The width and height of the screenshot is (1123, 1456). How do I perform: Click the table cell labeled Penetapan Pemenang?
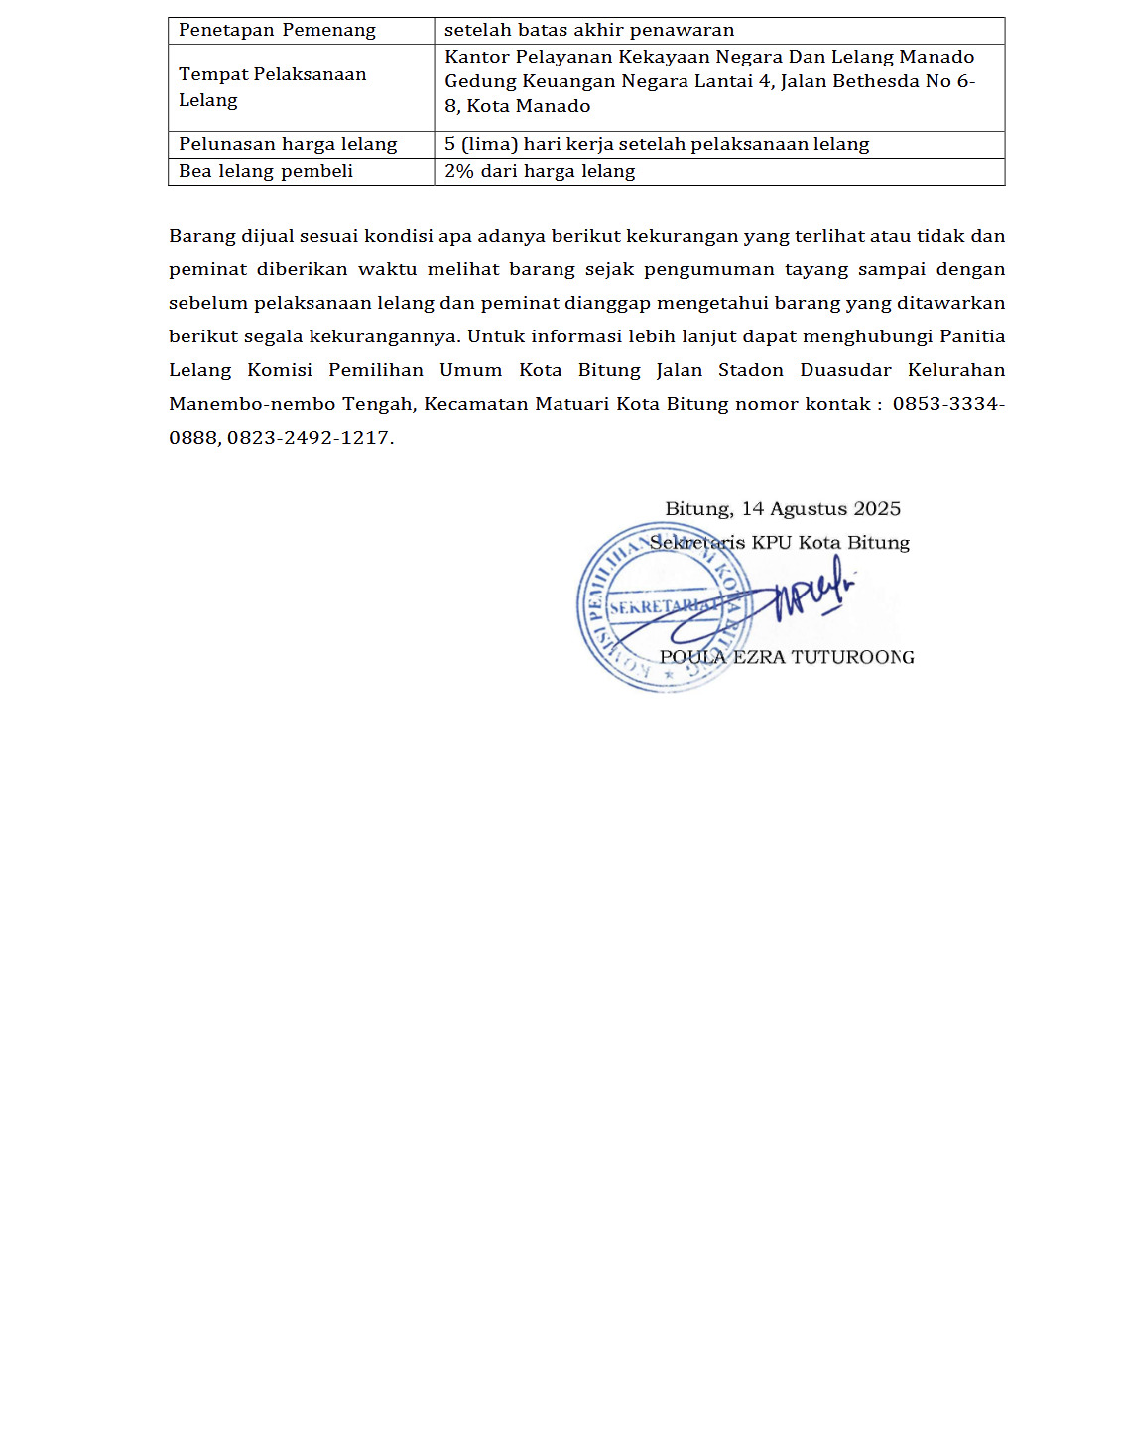(x=277, y=30)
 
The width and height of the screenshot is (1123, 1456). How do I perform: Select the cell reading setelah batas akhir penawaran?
(x=589, y=30)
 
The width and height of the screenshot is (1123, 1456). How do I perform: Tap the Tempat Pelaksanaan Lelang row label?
(x=272, y=87)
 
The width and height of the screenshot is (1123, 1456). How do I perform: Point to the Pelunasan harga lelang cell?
(x=288, y=144)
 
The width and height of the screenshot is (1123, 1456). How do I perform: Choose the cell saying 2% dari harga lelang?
(x=540, y=171)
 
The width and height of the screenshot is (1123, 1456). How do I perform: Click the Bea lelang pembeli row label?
(x=266, y=171)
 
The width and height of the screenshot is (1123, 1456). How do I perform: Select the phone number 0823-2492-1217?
(x=310, y=438)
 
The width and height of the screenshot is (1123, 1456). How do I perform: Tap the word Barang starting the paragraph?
(x=201, y=236)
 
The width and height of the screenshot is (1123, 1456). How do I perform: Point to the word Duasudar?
(x=845, y=370)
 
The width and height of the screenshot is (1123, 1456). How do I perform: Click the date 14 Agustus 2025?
(x=821, y=509)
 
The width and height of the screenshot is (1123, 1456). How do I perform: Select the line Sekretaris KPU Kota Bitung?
(x=780, y=543)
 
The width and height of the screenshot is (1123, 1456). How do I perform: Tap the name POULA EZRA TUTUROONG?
(x=787, y=657)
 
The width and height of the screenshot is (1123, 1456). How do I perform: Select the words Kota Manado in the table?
(x=529, y=106)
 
